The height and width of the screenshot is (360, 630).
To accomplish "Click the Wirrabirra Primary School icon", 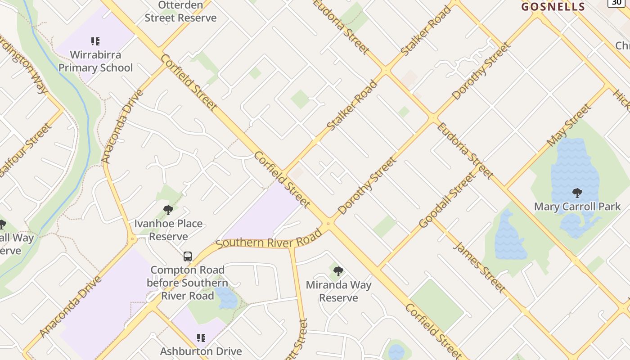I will (x=95, y=42).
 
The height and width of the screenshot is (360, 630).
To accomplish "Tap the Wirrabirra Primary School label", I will (x=95, y=61).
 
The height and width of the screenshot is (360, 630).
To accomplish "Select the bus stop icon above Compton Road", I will (x=188, y=256).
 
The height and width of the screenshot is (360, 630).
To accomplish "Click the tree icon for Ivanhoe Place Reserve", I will (x=168, y=210).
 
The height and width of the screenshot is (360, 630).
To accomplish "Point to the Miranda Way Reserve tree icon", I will (x=338, y=271).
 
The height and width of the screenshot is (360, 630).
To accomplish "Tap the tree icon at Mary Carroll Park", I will (x=577, y=193).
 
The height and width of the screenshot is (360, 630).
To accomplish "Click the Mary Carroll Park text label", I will (x=577, y=207).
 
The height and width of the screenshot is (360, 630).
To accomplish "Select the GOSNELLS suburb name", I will (x=553, y=7).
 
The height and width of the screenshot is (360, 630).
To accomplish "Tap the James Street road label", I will (x=479, y=267).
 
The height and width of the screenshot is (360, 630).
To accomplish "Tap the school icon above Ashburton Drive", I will (x=201, y=337).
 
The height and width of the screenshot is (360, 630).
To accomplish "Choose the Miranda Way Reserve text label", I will (x=338, y=291).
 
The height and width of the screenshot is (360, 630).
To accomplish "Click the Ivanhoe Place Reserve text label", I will (x=168, y=230).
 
